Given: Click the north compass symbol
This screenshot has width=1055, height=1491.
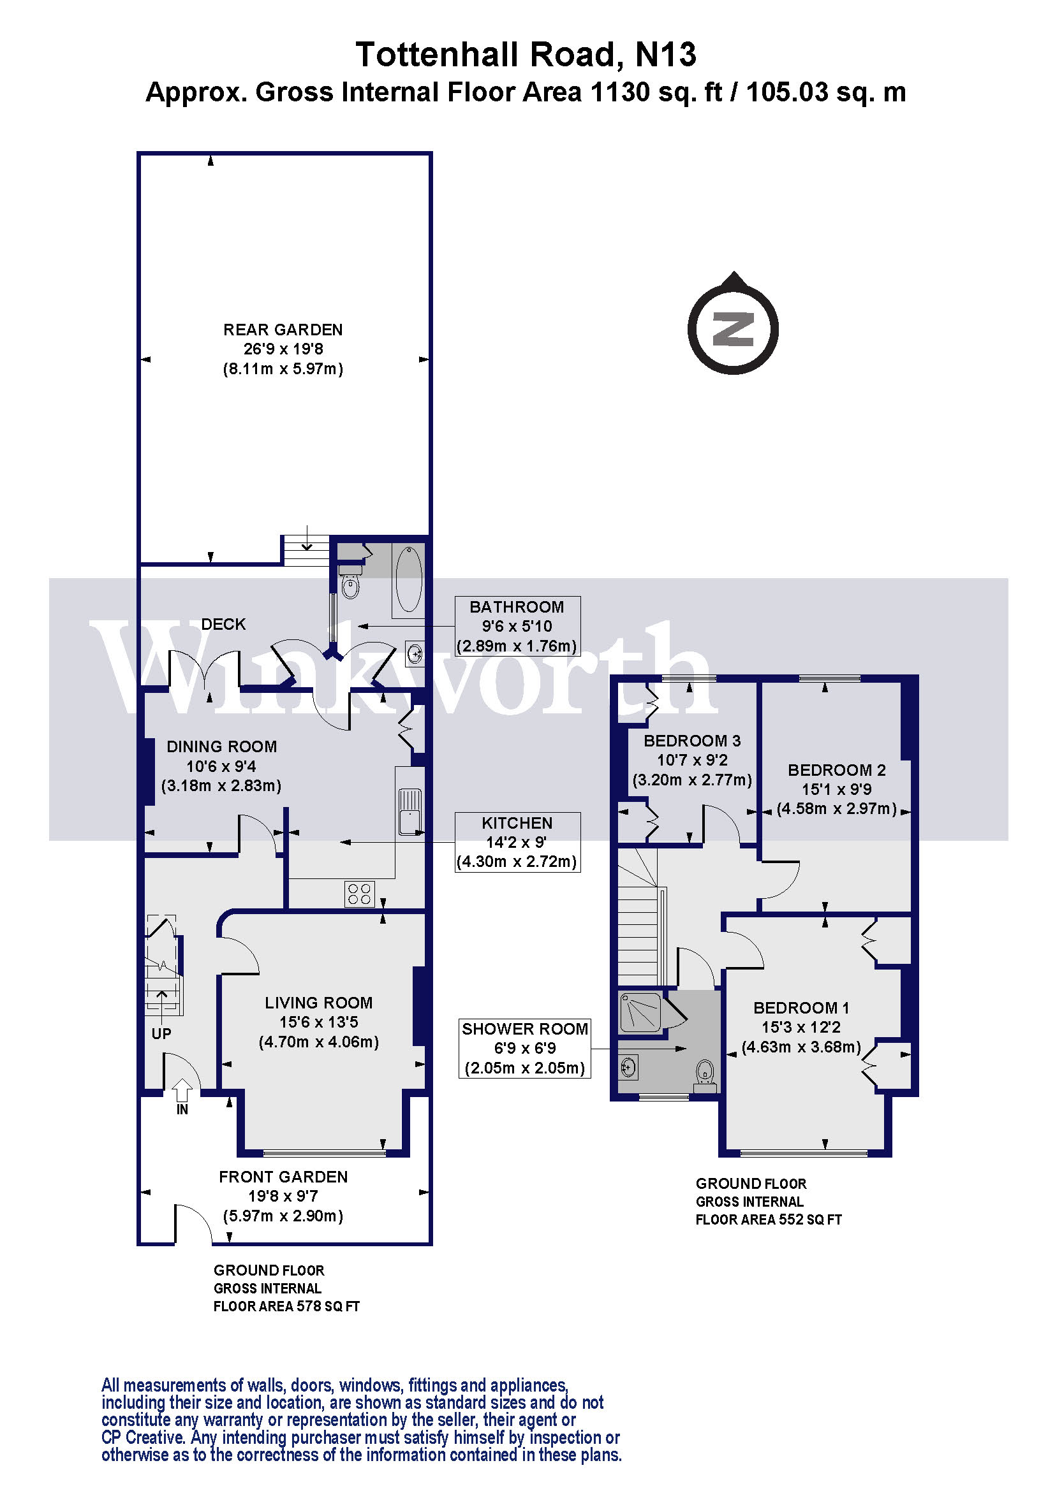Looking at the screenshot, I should [x=733, y=328].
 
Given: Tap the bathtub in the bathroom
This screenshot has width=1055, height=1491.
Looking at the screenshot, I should [x=409, y=579].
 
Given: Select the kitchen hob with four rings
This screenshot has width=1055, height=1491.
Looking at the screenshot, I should [x=359, y=894].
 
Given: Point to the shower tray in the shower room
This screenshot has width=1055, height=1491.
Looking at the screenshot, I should [x=640, y=1012].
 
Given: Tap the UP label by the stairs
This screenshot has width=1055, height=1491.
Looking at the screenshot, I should [x=161, y=1033].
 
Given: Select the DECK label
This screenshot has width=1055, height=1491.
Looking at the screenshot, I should [x=223, y=624].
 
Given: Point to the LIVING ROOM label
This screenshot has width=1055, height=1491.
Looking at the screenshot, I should [x=318, y=1003].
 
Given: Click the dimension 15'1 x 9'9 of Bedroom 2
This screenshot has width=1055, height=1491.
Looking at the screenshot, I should [x=837, y=789].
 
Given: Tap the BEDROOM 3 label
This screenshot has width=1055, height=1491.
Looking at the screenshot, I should [x=692, y=740].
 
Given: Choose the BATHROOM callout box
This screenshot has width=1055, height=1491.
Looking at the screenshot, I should [x=517, y=626].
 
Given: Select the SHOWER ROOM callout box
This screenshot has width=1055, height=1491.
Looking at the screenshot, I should [x=525, y=1048].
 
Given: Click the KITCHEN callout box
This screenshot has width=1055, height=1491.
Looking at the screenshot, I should [x=517, y=841].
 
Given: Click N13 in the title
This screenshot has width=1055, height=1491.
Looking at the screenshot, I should [x=666, y=55].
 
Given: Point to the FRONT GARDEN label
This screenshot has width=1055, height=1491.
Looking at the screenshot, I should [x=283, y=1177].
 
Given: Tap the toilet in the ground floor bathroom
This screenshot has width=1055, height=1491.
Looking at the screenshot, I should [x=350, y=585].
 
